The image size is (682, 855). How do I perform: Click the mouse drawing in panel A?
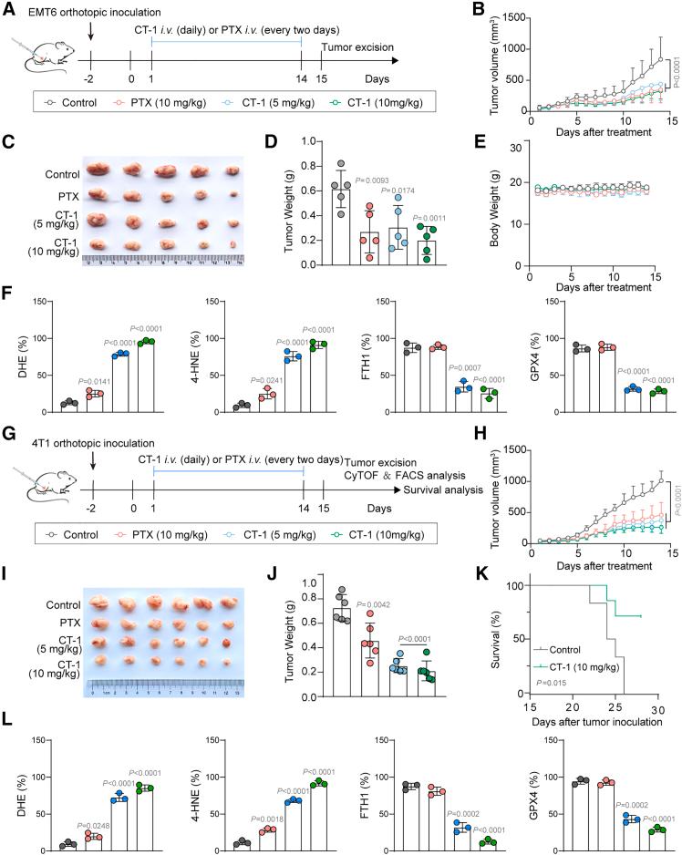[x=36, y=57]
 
